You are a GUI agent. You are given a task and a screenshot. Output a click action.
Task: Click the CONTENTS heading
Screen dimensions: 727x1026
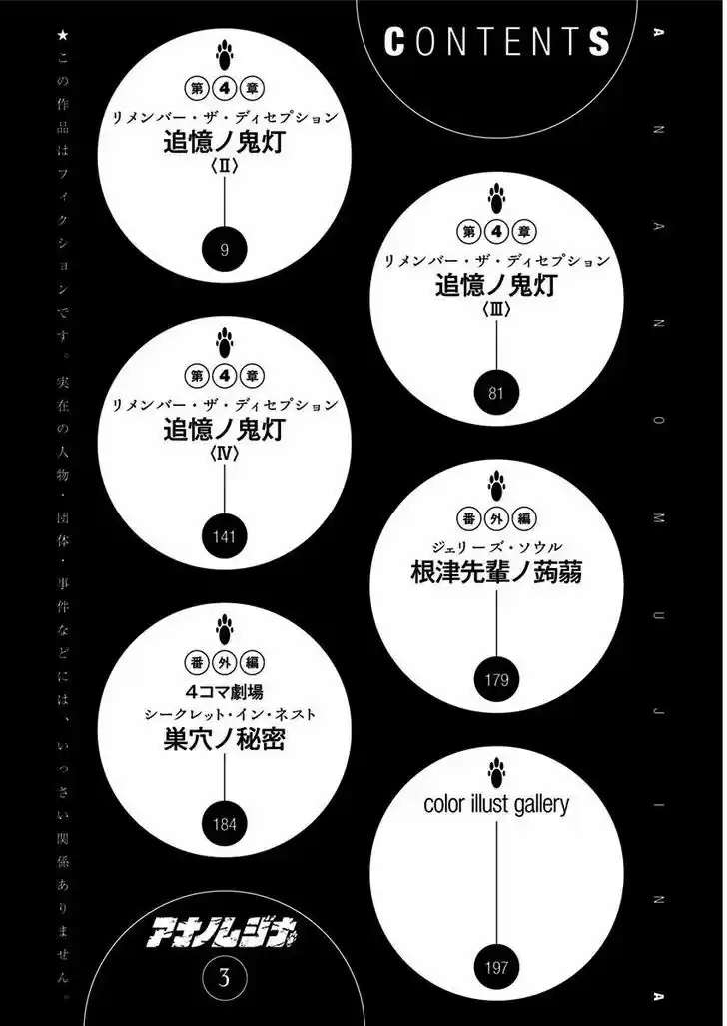(496, 42)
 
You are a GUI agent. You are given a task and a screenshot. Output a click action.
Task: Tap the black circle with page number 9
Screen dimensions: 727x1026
(225, 250)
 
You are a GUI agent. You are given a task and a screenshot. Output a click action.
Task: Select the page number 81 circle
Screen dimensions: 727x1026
(496, 393)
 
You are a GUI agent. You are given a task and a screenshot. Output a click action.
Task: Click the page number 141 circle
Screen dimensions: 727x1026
(224, 537)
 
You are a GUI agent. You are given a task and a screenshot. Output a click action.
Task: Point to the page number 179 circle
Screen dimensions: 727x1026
(496, 680)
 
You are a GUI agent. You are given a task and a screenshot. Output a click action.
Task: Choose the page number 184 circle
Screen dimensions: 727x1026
(224, 824)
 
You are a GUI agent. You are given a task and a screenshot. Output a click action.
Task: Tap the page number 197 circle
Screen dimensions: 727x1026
(496, 967)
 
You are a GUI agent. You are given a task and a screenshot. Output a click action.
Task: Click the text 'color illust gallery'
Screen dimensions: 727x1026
(496, 804)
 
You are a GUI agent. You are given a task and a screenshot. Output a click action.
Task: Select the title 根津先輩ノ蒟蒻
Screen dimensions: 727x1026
(496, 572)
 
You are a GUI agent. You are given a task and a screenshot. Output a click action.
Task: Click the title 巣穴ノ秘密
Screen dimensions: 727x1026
(224, 739)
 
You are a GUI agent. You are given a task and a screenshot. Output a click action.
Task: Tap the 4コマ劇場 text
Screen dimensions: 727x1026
(224, 691)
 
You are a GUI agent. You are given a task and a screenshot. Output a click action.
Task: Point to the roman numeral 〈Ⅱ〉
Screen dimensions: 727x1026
(224, 166)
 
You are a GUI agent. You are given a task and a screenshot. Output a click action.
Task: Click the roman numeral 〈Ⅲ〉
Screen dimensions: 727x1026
(496, 310)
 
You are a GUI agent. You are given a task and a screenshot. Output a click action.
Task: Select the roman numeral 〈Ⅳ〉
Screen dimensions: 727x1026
(224, 453)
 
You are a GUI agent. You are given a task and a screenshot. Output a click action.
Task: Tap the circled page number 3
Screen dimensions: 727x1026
(224, 978)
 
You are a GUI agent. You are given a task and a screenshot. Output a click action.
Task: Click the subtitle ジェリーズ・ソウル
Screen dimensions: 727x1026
(496, 547)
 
